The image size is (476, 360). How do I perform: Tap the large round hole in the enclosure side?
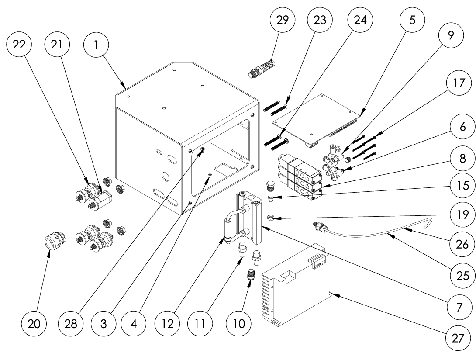click(165, 177)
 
